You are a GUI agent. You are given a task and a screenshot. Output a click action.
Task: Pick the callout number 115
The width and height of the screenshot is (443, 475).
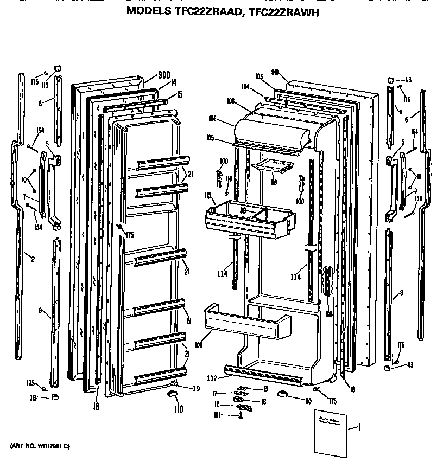pos(207,195)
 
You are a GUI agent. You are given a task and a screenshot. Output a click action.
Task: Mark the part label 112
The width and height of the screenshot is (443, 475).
pos(212,378)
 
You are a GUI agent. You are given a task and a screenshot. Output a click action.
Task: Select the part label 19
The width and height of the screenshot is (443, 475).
pos(196,388)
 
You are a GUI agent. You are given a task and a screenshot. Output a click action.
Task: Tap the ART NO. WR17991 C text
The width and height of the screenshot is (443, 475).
pos(40,446)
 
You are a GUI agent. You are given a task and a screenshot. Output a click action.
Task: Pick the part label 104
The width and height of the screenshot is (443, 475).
pos(246,86)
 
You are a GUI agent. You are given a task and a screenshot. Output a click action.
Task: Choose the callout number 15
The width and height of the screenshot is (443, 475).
pos(179,94)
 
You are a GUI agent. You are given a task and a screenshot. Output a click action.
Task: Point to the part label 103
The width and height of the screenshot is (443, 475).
pos(259,76)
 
